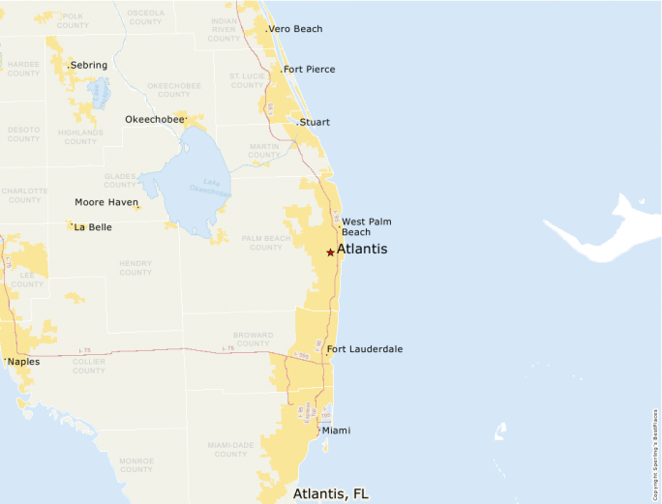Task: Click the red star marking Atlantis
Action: pos(330,252)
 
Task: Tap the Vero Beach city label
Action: pos(296,29)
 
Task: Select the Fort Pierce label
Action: pos(310,70)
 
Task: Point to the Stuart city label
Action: pos(315,123)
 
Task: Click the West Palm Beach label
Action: pos(367,226)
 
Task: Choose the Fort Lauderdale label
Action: pos(365,349)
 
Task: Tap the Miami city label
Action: pos(336,430)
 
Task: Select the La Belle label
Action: pos(93,227)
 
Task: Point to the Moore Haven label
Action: pos(106,202)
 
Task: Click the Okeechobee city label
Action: pos(155,119)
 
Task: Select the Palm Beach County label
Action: pos(262,242)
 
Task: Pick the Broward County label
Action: pos(254,339)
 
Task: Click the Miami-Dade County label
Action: pos(231,449)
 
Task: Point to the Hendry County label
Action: pos(135,268)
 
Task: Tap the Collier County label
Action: pos(89,366)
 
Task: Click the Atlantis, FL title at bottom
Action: pos(331,493)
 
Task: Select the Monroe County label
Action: pos(136,465)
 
